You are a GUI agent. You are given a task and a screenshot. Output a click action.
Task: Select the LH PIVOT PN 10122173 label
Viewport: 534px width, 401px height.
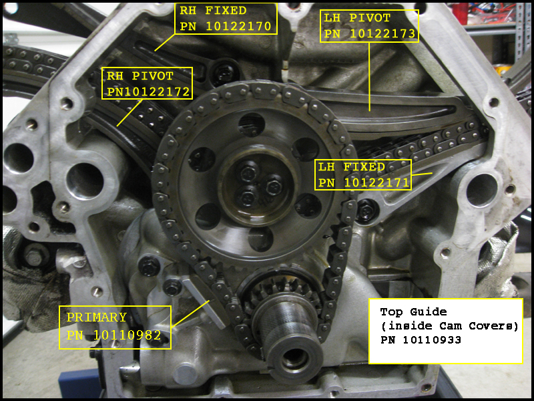point(368,26)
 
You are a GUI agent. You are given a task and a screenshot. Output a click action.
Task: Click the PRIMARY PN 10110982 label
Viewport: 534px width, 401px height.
point(115,327)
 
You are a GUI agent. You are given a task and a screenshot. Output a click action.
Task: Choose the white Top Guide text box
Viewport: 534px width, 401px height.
point(445,331)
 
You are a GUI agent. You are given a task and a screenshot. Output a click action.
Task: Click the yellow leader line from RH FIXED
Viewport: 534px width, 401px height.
point(166,42)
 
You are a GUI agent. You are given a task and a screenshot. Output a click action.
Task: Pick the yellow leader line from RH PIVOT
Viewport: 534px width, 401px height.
point(129,112)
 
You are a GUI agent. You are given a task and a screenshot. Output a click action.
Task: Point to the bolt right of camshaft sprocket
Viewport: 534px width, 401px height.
point(366,212)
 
